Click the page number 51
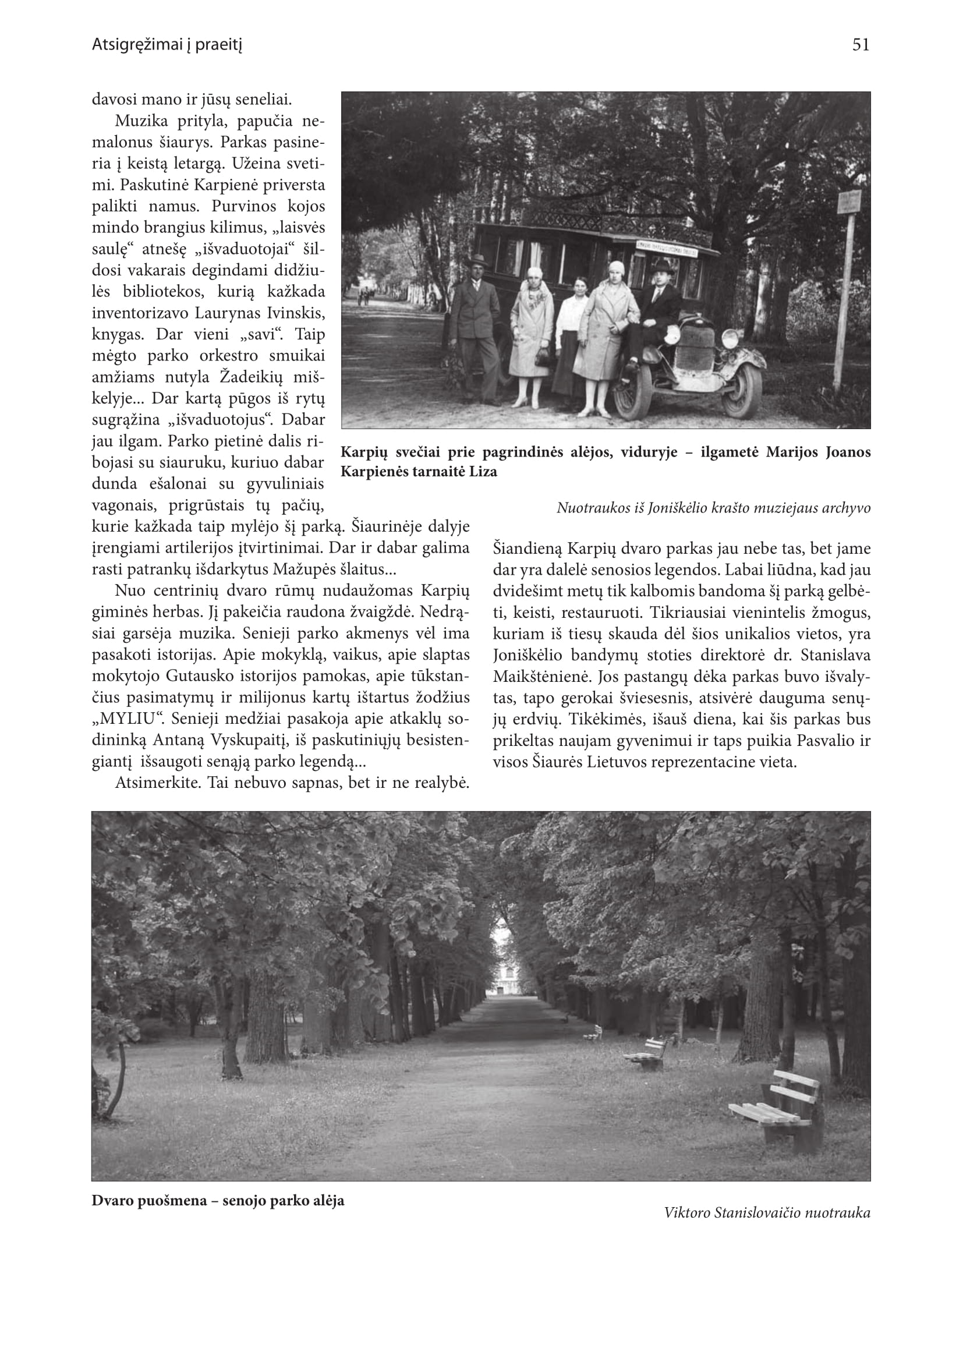861,45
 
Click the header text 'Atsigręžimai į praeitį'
167,44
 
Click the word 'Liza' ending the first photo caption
483,472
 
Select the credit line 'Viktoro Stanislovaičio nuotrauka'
767,1212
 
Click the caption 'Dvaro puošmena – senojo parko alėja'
218,1201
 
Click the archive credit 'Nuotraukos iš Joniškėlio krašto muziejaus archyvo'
713,508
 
